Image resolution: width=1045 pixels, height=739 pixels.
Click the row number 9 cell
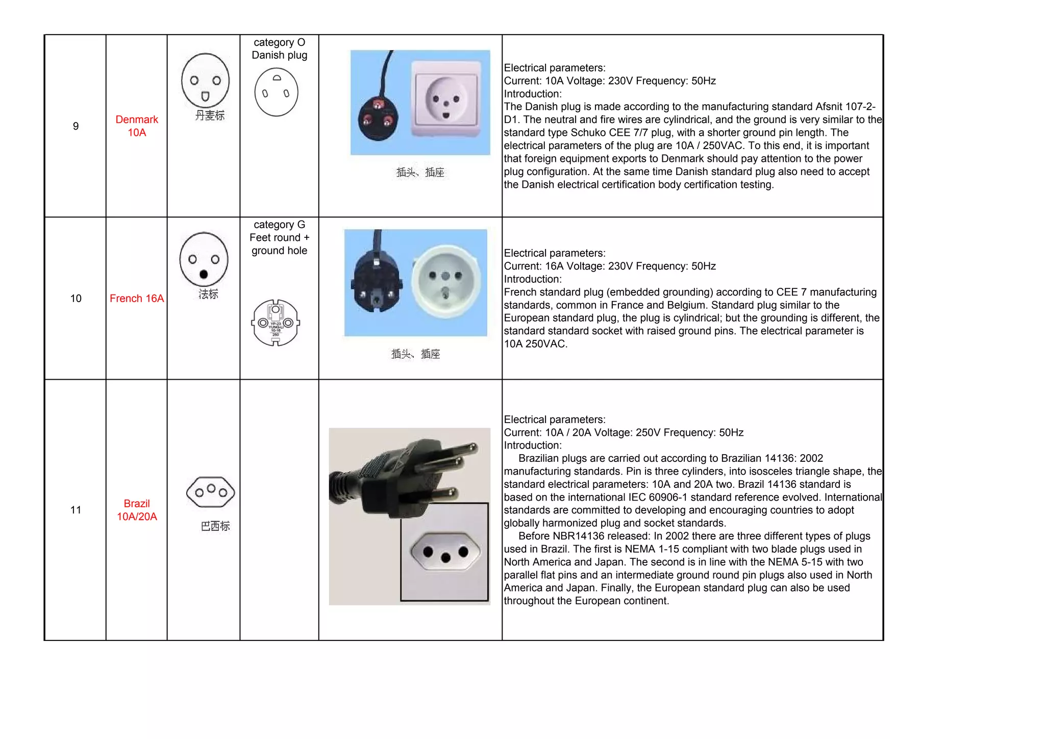(76, 126)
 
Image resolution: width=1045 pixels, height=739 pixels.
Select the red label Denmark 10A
(137, 126)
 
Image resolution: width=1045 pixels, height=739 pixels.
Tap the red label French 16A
(137, 299)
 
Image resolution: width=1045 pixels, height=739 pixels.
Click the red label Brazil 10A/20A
(137, 510)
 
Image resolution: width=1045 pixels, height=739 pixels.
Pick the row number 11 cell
(76, 510)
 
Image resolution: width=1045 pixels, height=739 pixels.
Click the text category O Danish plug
(279, 49)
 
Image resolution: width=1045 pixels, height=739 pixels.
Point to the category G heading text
(279, 225)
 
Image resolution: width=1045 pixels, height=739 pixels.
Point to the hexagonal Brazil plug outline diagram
(211, 492)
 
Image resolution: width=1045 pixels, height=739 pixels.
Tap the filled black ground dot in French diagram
(204, 274)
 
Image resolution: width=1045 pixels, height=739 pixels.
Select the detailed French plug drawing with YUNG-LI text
(276, 323)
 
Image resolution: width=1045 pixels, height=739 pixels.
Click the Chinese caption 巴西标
(215, 526)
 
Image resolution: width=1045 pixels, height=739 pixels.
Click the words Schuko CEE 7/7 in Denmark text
(615, 133)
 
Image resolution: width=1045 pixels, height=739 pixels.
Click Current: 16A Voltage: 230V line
(610, 266)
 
